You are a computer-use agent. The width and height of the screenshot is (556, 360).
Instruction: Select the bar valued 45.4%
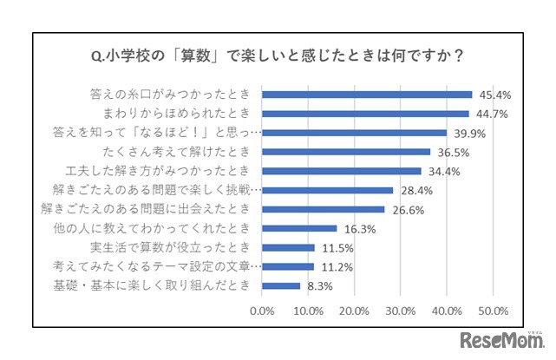(x=367, y=94)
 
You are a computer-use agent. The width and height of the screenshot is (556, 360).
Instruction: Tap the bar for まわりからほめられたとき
(x=365, y=113)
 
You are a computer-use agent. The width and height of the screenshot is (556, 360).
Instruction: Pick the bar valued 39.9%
(x=354, y=132)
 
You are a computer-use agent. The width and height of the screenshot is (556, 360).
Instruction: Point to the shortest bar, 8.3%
(x=281, y=285)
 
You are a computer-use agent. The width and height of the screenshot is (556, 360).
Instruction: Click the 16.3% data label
(x=358, y=228)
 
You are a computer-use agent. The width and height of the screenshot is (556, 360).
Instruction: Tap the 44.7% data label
(x=490, y=113)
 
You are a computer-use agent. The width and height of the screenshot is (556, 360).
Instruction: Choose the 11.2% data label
(x=335, y=266)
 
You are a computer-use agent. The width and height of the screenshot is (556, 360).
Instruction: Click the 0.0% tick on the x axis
(x=262, y=310)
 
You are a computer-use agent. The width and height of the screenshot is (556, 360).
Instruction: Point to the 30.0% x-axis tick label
(x=401, y=310)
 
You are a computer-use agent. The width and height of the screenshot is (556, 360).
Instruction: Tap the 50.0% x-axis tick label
(x=493, y=310)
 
